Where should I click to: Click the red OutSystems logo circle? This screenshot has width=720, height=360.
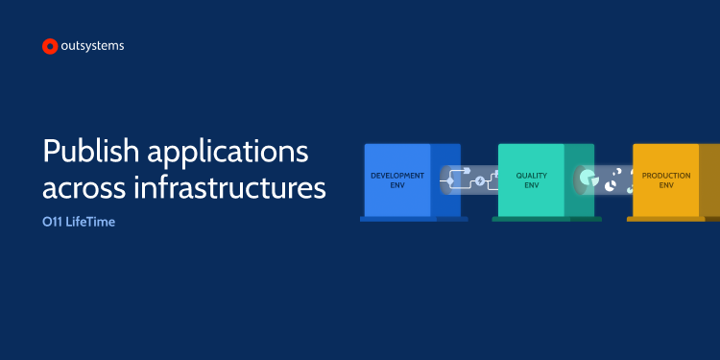[50, 46]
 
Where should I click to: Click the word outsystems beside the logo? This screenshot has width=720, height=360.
[92, 46]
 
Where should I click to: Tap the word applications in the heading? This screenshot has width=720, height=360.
[228, 153]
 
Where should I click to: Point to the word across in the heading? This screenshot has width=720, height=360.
[84, 187]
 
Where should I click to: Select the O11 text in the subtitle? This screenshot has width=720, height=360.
[52, 223]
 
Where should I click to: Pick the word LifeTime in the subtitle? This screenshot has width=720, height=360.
[90, 223]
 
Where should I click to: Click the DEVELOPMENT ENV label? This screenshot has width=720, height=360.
[397, 180]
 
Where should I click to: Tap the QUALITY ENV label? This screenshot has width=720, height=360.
[531, 180]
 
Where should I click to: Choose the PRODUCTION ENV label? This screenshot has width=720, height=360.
[666, 180]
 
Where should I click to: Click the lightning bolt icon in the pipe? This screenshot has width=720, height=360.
[480, 181]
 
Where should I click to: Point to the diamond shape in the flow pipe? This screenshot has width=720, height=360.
[450, 181]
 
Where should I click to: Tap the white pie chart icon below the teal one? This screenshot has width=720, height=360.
[611, 186]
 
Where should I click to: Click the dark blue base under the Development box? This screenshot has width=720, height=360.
[414, 219]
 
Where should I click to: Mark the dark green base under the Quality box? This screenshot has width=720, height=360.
[546, 219]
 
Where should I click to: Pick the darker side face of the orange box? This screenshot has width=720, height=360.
[709, 180]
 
